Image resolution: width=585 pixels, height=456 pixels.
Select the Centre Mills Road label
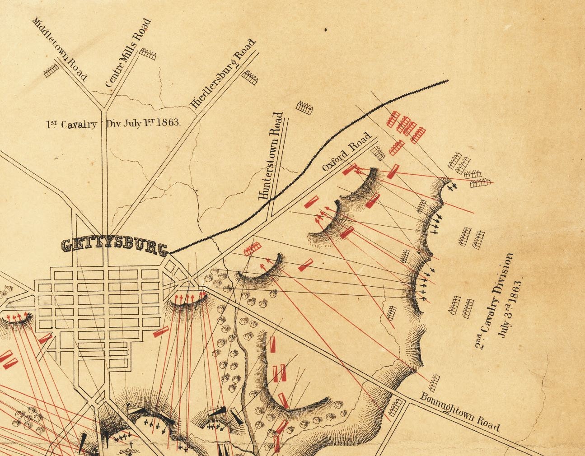click(x=127, y=53)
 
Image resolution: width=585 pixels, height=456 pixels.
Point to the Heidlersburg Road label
click(x=223, y=74)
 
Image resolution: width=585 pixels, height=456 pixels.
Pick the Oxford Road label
click(x=347, y=151)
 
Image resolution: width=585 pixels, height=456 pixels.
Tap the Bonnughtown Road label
click(x=460, y=412)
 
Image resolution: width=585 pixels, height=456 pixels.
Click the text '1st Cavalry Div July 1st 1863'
click(x=113, y=123)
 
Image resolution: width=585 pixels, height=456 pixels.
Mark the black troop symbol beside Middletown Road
click(x=51, y=70)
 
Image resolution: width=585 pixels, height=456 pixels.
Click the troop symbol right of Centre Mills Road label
click(x=147, y=55)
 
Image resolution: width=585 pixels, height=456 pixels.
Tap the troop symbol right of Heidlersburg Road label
click(x=250, y=78)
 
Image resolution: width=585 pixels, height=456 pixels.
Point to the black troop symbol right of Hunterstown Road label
click(x=304, y=107)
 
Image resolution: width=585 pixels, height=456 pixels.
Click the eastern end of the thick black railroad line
click(x=447, y=81)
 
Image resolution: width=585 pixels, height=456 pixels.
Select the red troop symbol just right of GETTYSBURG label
click(x=252, y=249)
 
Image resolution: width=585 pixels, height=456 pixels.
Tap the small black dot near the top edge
click(x=325, y=30)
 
